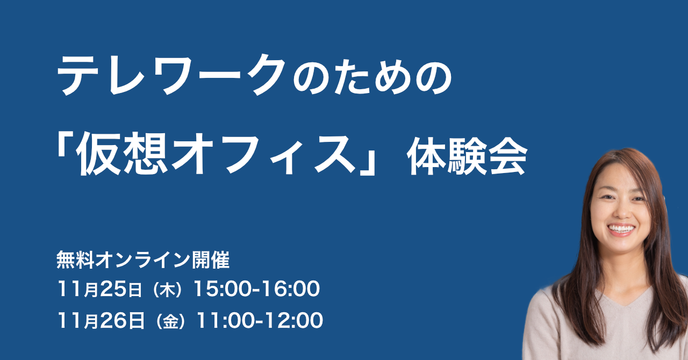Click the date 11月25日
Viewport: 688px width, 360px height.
[101, 290]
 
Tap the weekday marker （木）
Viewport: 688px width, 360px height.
[169, 291]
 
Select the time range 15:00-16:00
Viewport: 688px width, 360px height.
[256, 290]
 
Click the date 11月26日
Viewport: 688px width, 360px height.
[101, 321]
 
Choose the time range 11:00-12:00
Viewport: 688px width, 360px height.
[260, 321]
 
